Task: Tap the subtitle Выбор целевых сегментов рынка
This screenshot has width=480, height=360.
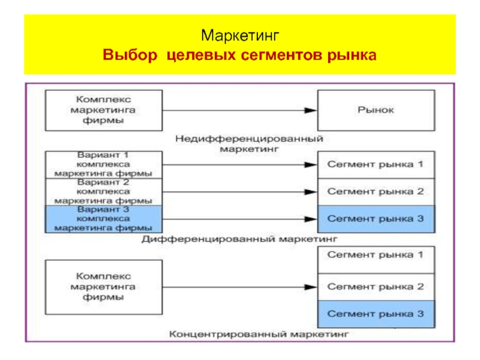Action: [239, 56]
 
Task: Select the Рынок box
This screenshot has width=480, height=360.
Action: [376, 110]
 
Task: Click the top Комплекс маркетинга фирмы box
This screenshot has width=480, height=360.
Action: [103, 110]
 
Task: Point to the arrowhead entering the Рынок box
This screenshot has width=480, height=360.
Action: [310, 110]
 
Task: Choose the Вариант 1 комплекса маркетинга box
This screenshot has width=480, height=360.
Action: [103, 164]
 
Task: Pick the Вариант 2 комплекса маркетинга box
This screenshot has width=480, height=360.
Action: [103, 191]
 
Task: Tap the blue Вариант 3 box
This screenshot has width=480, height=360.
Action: [103, 218]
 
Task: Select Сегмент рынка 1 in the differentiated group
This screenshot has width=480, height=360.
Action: [376, 164]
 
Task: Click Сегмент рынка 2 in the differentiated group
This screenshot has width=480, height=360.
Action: [376, 191]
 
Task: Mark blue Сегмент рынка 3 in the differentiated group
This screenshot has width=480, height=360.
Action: [376, 218]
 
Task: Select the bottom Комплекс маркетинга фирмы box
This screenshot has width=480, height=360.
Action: [103, 287]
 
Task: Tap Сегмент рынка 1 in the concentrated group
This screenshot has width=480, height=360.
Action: [376, 260]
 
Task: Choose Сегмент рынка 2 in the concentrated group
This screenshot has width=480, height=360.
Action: [376, 287]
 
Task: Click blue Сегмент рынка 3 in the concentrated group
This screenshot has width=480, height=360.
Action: [376, 314]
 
